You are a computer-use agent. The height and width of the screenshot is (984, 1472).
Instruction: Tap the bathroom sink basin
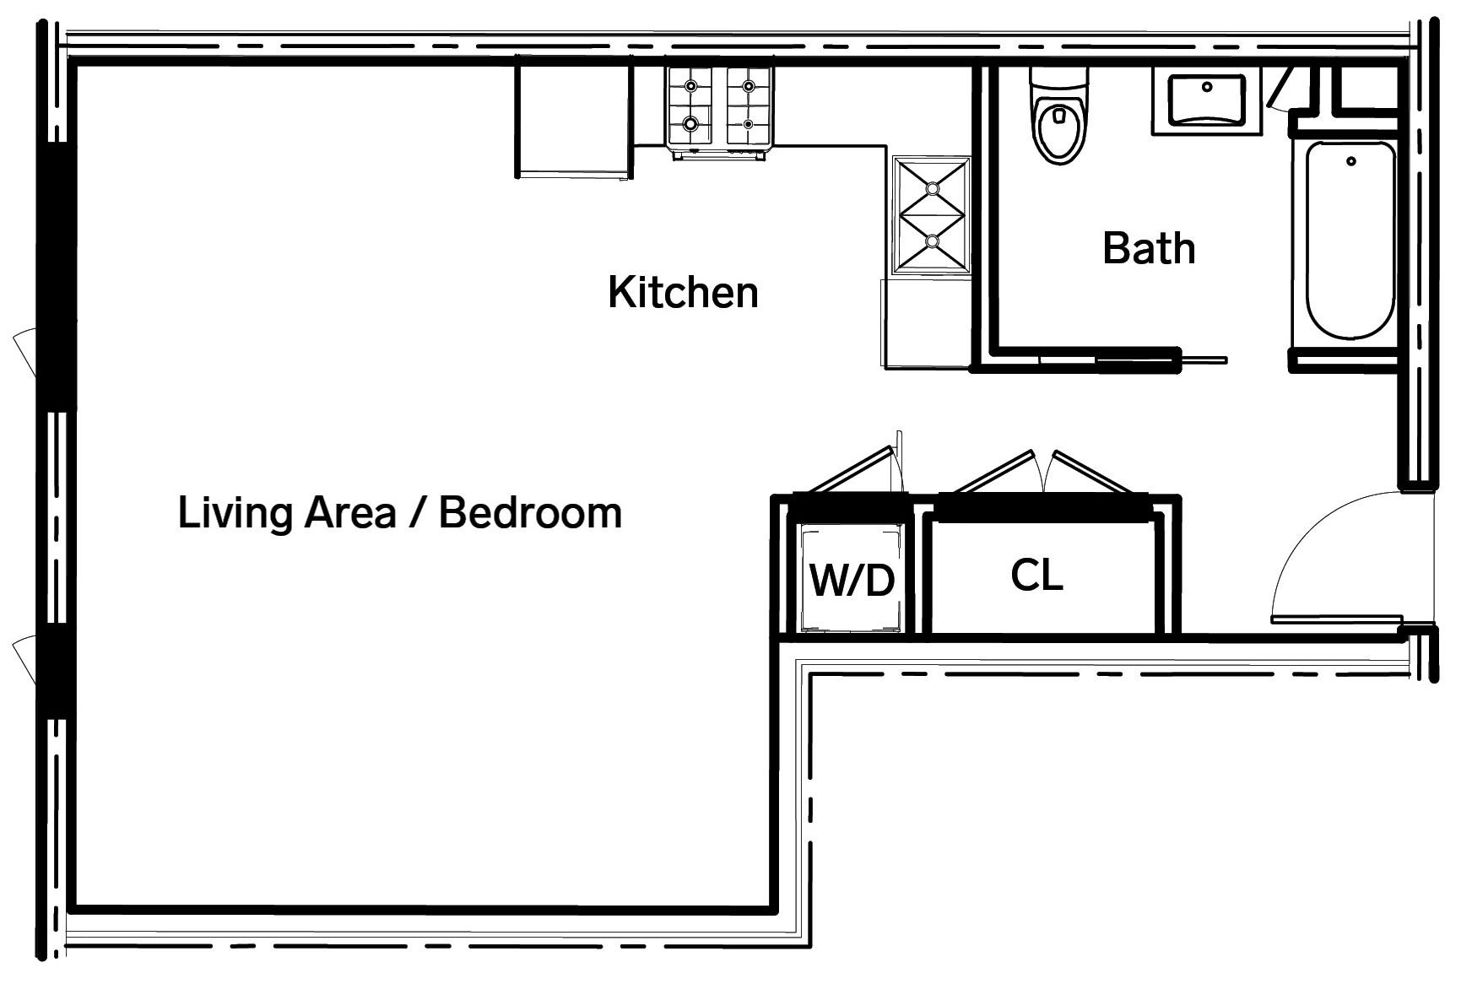1207,100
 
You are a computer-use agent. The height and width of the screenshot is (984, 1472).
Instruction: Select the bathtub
1350,241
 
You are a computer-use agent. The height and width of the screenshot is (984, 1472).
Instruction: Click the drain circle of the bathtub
1350,160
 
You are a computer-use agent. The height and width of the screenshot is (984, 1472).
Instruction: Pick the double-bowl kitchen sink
932,215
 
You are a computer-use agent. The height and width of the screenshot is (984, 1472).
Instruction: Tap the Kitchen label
683,292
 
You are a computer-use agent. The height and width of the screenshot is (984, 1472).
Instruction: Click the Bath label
1149,248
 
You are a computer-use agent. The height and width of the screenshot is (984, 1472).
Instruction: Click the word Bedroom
530,512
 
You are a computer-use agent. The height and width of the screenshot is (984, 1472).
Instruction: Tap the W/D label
852,580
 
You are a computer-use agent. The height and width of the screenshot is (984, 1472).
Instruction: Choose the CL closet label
1036,575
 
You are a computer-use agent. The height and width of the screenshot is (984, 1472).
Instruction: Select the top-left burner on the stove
691,86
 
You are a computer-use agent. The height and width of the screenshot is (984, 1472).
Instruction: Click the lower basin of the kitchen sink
932,241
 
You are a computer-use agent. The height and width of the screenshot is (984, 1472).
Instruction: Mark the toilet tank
1058,83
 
